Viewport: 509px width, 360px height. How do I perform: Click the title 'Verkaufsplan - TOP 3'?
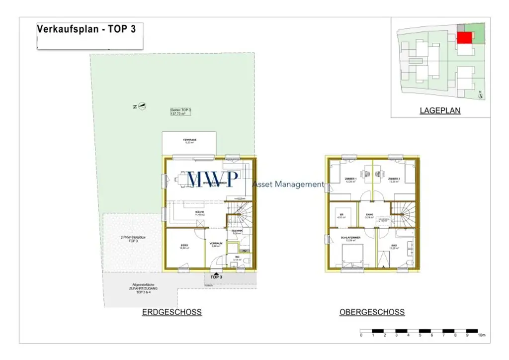(x=86, y=29)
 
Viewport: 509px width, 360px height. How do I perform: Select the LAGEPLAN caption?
(x=440, y=111)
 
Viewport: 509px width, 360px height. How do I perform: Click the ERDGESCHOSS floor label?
(x=171, y=312)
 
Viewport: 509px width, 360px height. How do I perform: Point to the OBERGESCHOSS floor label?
(x=372, y=312)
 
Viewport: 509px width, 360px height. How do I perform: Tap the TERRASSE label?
(x=189, y=140)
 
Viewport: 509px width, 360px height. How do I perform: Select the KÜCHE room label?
(x=200, y=212)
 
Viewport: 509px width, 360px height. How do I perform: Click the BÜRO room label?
(x=183, y=246)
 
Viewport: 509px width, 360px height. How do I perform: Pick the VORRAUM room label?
(x=215, y=244)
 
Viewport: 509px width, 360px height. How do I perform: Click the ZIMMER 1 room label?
(x=350, y=179)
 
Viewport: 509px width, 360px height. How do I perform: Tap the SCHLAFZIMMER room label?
(x=350, y=238)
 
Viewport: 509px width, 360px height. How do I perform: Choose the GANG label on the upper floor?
(x=369, y=214)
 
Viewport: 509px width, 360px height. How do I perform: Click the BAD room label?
(x=393, y=246)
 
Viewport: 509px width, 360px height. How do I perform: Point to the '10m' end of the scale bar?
(x=481, y=336)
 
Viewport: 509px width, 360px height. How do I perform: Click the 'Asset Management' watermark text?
(x=288, y=184)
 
